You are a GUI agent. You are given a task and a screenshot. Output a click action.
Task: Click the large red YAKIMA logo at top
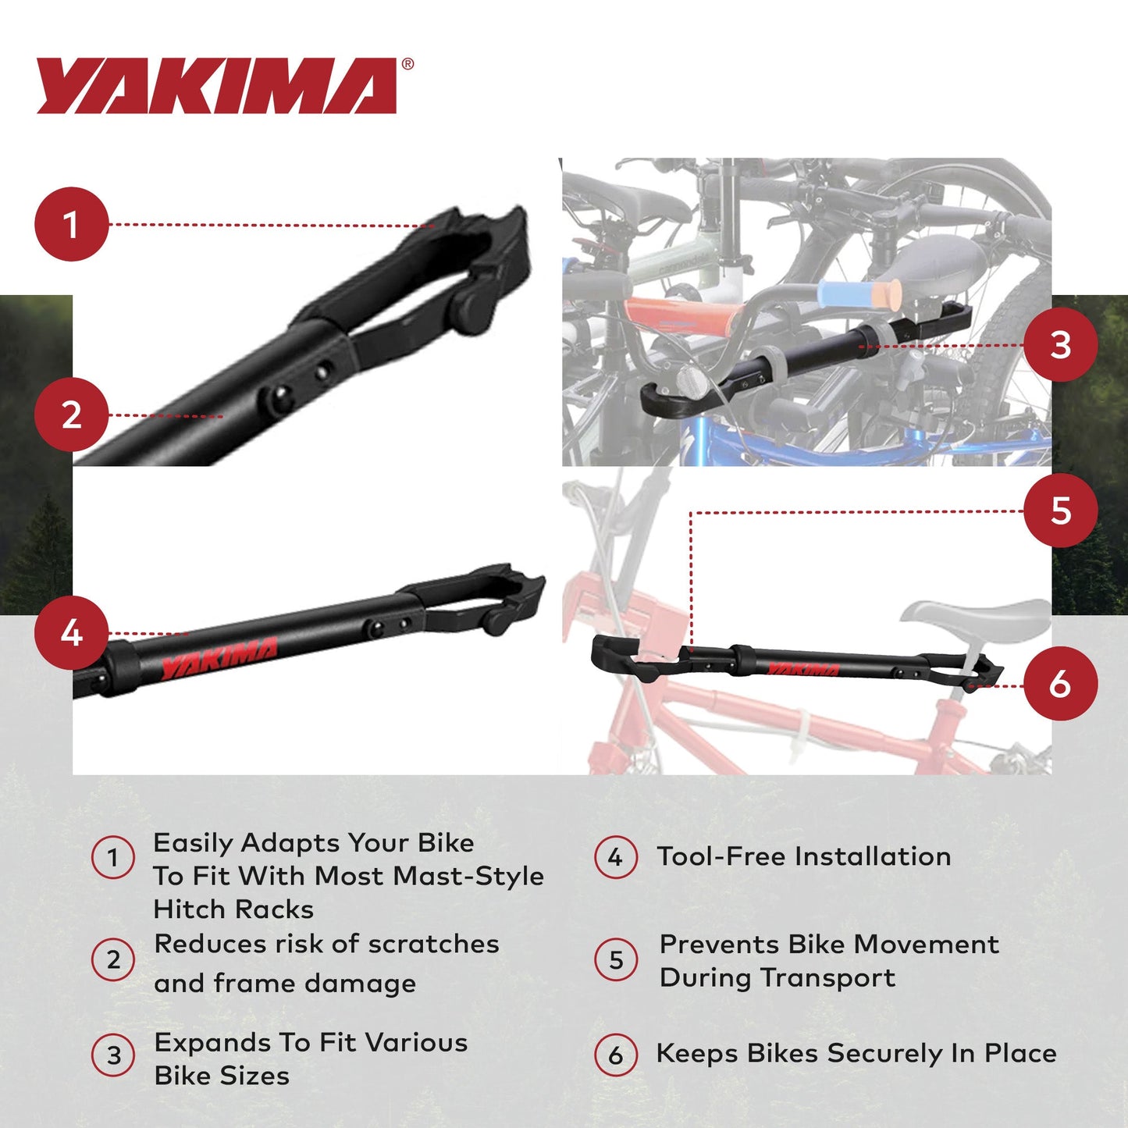[x=217, y=86]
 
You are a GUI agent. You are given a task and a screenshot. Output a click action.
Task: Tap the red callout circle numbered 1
[x=71, y=224]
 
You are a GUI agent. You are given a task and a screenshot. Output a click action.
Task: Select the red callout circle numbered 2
[x=71, y=415]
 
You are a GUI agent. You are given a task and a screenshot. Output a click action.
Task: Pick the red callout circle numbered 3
[x=1060, y=344]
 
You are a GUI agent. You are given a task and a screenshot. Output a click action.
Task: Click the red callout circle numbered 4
[x=71, y=632]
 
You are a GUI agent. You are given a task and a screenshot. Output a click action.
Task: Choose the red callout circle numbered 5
[x=1060, y=511]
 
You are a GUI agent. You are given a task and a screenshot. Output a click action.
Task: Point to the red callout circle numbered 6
[x=1060, y=684]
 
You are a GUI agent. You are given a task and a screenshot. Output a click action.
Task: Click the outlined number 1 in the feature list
[x=113, y=857]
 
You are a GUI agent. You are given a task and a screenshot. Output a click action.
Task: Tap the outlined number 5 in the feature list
[x=616, y=959]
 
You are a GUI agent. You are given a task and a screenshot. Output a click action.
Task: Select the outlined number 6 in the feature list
[x=616, y=1055]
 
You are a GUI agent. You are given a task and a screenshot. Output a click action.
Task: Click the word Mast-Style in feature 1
[x=468, y=876]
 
